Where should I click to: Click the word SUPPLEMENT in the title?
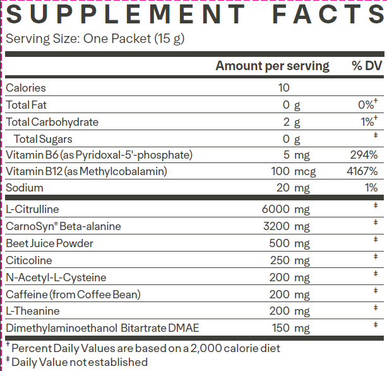(x=125, y=14)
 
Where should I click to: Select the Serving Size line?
(x=95, y=39)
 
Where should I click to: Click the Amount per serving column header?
(x=272, y=66)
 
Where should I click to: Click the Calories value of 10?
(x=283, y=88)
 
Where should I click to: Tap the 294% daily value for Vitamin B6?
(x=364, y=155)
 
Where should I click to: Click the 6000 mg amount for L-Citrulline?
(x=285, y=209)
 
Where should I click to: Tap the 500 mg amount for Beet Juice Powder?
(x=290, y=243)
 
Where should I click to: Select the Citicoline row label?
(x=29, y=260)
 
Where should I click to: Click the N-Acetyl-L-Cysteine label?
(x=56, y=277)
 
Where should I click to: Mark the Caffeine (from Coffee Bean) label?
(x=73, y=295)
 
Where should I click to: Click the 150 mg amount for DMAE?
(x=290, y=328)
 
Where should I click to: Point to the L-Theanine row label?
(x=33, y=311)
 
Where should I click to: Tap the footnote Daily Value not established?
(x=79, y=362)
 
